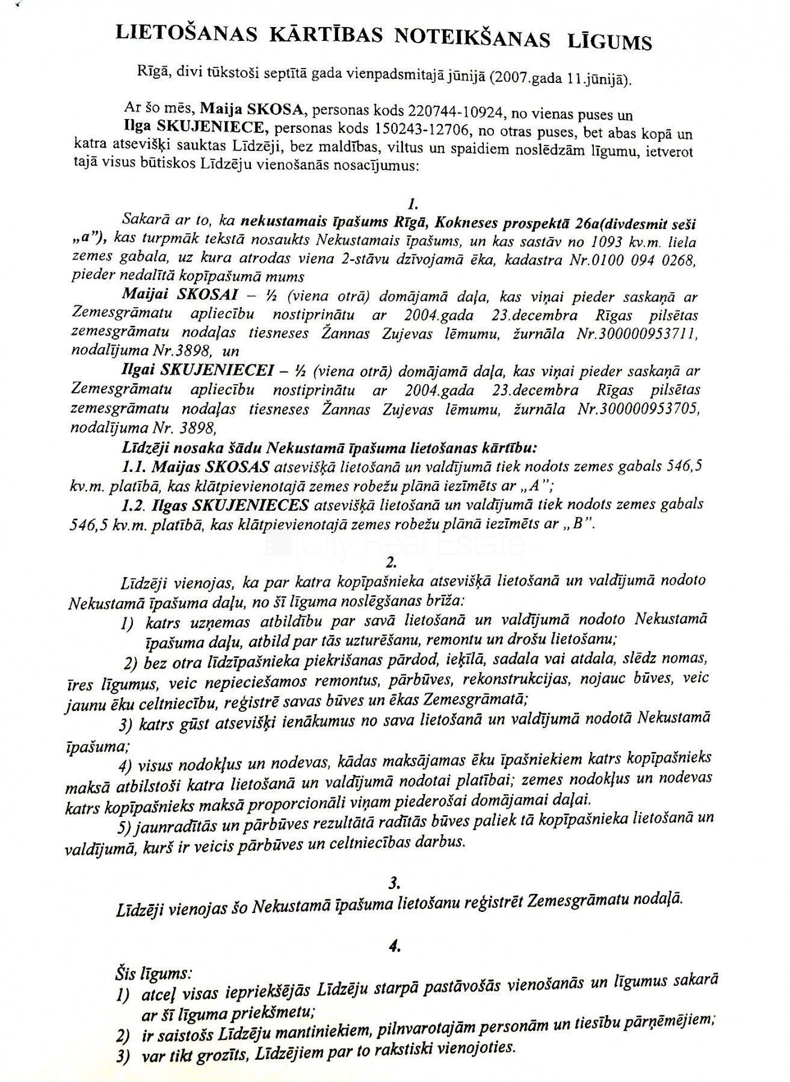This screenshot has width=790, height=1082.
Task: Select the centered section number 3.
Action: coord(395,882)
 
